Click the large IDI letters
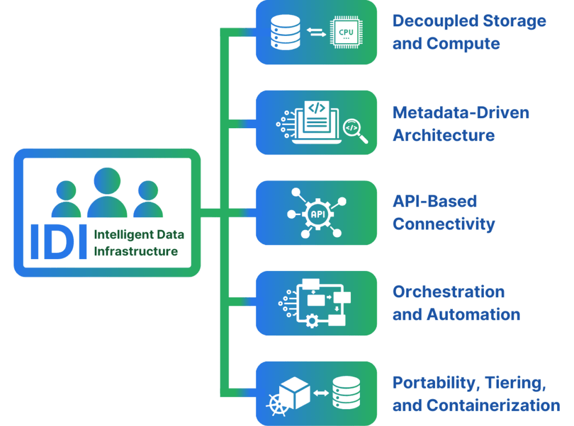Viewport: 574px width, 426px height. [x=58, y=242]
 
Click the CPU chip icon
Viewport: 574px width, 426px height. [x=346, y=32]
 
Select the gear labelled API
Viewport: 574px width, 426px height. [x=316, y=213]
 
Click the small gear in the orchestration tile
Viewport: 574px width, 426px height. [x=312, y=320]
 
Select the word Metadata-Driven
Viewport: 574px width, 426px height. [x=461, y=113]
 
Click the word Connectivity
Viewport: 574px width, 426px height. [x=443, y=224]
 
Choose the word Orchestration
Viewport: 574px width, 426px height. [x=448, y=292]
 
